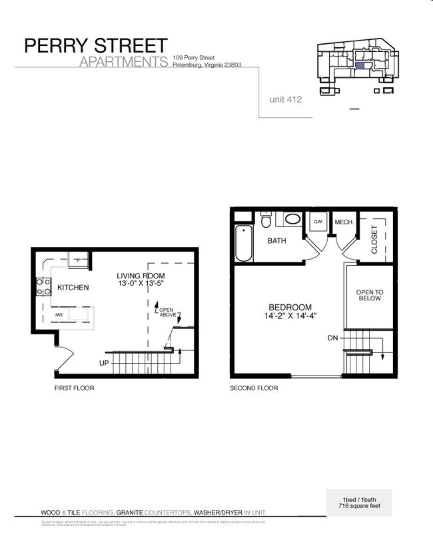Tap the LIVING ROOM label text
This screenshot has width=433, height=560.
(x=141, y=276)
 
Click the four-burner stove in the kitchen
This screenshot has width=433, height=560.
(x=44, y=287)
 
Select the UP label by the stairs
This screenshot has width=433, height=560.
(x=104, y=363)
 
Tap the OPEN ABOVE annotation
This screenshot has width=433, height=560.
(x=167, y=313)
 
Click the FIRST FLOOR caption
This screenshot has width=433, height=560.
(x=74, y=388)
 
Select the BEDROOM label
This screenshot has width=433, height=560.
(x=290, y=308)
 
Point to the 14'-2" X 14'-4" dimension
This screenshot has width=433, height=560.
(x=290, y=317)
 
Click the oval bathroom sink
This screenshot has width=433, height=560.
(x=292, y=218)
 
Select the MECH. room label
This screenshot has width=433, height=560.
(x=344, y=222)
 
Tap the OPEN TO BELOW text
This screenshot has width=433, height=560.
(x=370, y=296)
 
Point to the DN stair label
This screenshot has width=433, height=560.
(x=333, y=339)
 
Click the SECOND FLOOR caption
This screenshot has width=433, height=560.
(x=254, y=388)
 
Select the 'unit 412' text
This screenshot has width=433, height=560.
(x=286, y=99)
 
